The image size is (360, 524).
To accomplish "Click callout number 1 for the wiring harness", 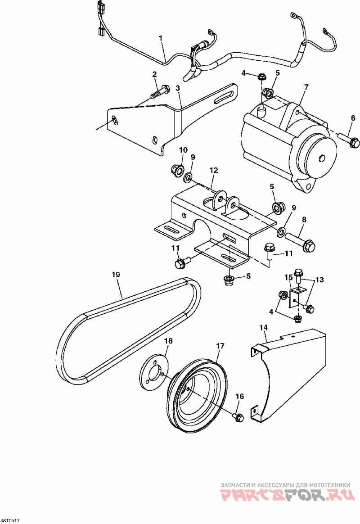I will (x=161, y=39).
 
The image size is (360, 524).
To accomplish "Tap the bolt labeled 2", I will (x=160, y=91).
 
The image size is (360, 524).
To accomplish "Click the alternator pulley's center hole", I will (x=321, y=158).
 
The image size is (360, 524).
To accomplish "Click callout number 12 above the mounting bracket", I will (x=214, y=171).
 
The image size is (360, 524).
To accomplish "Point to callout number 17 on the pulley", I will (x=220, y=346).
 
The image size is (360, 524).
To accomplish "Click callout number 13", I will (x=319, y=280).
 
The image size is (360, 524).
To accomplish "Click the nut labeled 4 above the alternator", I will (x=261, y=77).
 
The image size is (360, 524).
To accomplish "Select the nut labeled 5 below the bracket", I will (x=229, y=281).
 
